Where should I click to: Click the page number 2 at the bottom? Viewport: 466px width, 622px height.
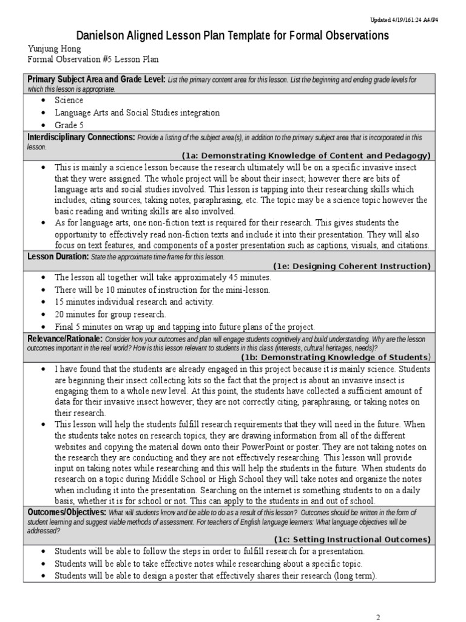(x=377, y=617)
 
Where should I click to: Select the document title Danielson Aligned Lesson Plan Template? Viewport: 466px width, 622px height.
(x=232, y=36)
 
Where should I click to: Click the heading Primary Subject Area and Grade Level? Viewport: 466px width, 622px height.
(x=96, y=80)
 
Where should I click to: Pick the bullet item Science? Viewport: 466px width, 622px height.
(x=69, y=100)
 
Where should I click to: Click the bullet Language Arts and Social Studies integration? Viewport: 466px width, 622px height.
(x=137, y=113)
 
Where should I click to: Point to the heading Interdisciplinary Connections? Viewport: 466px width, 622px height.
(x=81, y=138)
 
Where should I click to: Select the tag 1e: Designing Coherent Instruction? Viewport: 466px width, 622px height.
(x=351, y=266)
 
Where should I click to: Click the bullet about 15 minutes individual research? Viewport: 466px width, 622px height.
(x=133, y=302)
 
